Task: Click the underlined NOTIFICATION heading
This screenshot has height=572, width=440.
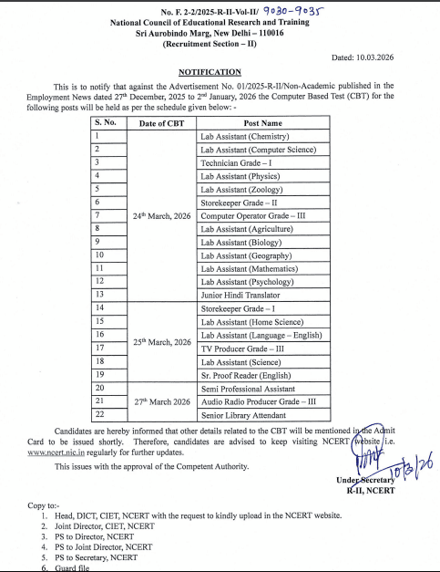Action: [x=210, y=71]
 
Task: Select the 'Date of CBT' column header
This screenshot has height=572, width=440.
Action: [x=163, y=122]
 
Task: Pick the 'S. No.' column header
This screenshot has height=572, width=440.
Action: [x=108, y=122]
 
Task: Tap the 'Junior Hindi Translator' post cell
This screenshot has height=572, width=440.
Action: [x=239, y=295]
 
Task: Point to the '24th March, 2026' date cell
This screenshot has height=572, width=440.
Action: [x=163, y=215]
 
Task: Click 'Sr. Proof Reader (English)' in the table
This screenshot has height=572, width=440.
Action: [x=247, y=375]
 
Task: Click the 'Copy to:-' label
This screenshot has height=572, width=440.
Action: [x=46, y=504]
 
